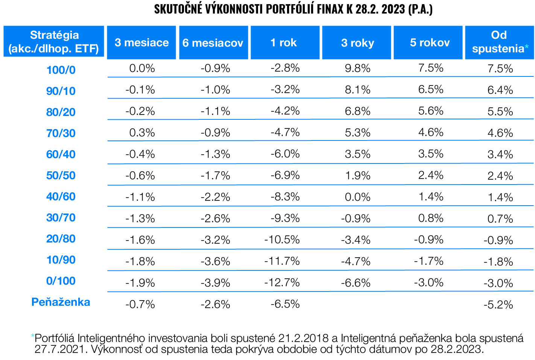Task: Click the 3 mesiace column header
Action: point(141,43)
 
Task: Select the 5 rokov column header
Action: point(430,43)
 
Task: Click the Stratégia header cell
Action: point(54,42)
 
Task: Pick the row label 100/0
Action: point(61,70)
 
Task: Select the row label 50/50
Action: point(61,175)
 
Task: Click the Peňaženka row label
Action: point(61,302)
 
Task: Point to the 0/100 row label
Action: point(61,281)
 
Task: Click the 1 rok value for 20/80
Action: point(282,240)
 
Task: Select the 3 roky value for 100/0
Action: point(357,68)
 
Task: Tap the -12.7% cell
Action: point(282,282)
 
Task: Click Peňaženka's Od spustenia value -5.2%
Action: point(498,305)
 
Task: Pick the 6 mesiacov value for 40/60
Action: point(215,197)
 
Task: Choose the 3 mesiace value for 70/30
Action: point(142,133)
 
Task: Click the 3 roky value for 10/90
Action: point(356,261)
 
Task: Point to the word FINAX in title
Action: point(330,9)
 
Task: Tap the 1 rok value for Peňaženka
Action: point(285,304)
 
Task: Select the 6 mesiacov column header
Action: point(213,43)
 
